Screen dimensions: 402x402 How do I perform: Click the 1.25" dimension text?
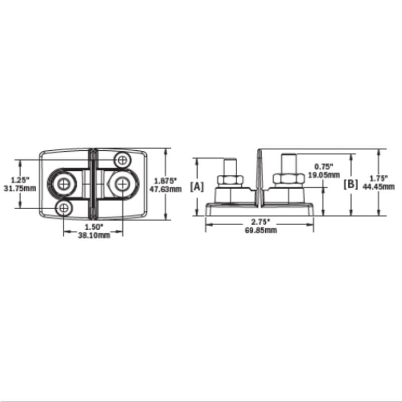20,179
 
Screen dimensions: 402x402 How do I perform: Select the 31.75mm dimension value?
20,188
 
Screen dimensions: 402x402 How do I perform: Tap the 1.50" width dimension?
93,227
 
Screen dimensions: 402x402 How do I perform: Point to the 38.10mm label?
93,236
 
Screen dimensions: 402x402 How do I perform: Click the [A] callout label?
197,186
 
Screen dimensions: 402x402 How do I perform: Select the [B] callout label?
350,184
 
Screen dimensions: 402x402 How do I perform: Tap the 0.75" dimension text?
324,166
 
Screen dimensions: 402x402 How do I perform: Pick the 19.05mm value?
324,175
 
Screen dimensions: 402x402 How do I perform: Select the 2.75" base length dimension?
260,222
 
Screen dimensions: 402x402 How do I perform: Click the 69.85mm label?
260,230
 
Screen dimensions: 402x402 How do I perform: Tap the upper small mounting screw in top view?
122,159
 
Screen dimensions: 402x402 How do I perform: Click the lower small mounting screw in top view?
64,208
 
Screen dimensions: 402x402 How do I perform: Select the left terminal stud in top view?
64,184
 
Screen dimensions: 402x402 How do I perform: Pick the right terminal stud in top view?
122,184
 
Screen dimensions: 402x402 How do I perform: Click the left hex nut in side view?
230,179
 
